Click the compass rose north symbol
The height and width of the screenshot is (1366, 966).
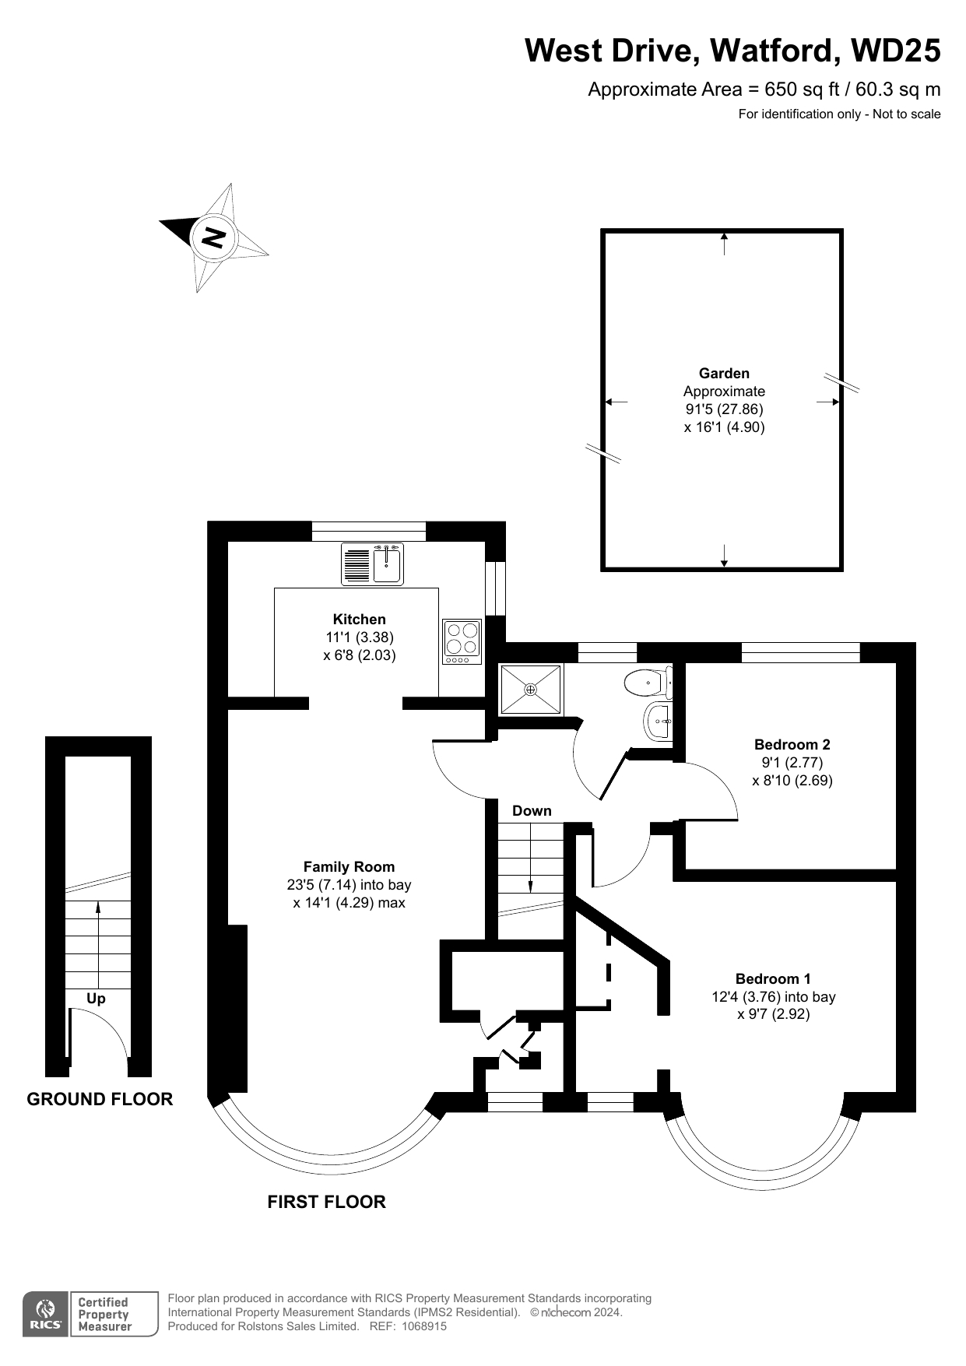214,237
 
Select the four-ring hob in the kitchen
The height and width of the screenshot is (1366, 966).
462,641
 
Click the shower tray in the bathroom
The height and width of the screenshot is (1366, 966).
530,689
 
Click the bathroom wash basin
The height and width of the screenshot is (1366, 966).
659,722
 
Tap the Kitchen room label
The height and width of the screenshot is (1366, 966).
360,620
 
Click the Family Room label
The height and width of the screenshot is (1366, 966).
349,866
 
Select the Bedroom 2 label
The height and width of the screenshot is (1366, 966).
792,744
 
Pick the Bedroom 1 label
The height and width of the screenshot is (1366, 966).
773,978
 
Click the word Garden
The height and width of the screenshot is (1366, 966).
724,373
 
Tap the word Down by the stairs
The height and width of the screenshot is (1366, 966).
532,810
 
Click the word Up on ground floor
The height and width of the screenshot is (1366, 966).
96,999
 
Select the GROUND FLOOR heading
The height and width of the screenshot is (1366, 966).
100,1099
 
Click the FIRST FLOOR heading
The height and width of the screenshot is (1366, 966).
326,1202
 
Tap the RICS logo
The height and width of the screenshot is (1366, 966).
45,1315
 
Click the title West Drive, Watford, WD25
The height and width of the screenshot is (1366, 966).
732,51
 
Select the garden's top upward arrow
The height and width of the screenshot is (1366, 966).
725,243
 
